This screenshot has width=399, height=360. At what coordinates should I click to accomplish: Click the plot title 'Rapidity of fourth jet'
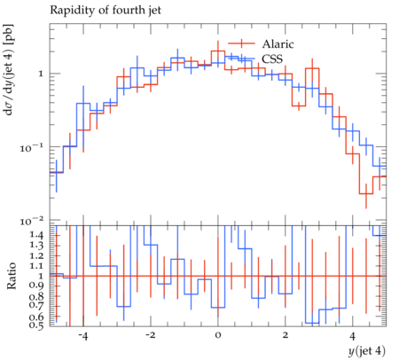pyautogui.click(x=106, y=11)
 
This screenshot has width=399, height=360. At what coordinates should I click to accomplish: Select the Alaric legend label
pyautogui.click(x=278, y=44)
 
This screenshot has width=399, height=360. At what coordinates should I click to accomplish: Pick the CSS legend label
pyautogui.click(x=272, y=59)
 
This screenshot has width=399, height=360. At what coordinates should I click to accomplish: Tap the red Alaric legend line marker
pyautogui.click(x=241, y=43)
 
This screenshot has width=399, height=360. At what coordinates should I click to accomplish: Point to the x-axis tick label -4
pyautogui.click(x=82, y=336)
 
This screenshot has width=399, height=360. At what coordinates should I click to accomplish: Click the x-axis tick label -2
pyautogui.click(x=150, y=336)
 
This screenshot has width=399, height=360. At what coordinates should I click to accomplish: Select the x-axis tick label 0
pyautogui.click(x=218, y=336)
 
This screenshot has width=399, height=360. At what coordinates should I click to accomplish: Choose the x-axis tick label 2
pyautogui.click(x=285, y=336)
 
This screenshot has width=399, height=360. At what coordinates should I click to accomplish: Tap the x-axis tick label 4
pyautogui.click(x=352, y=336)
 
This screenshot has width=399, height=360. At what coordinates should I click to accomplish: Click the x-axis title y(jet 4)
pyautogui.click(x=367, y=351)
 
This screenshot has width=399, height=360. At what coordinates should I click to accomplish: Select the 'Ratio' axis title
pyautogui.click(x=12, y=276)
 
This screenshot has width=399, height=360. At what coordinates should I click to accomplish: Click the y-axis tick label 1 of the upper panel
pyautogui.click(x=41, y=74)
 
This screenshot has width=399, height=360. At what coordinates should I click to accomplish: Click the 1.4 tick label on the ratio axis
pyautogui.click(x=36, y=236)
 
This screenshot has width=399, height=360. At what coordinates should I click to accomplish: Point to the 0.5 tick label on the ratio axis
pyautogui.click(x=36, y=325)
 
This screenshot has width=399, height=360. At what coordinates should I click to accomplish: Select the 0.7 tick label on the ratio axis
pyautogui.click(x=36, y=305)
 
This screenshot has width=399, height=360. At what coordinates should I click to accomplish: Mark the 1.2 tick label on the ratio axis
pyautogui.click(x=36, y=256)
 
